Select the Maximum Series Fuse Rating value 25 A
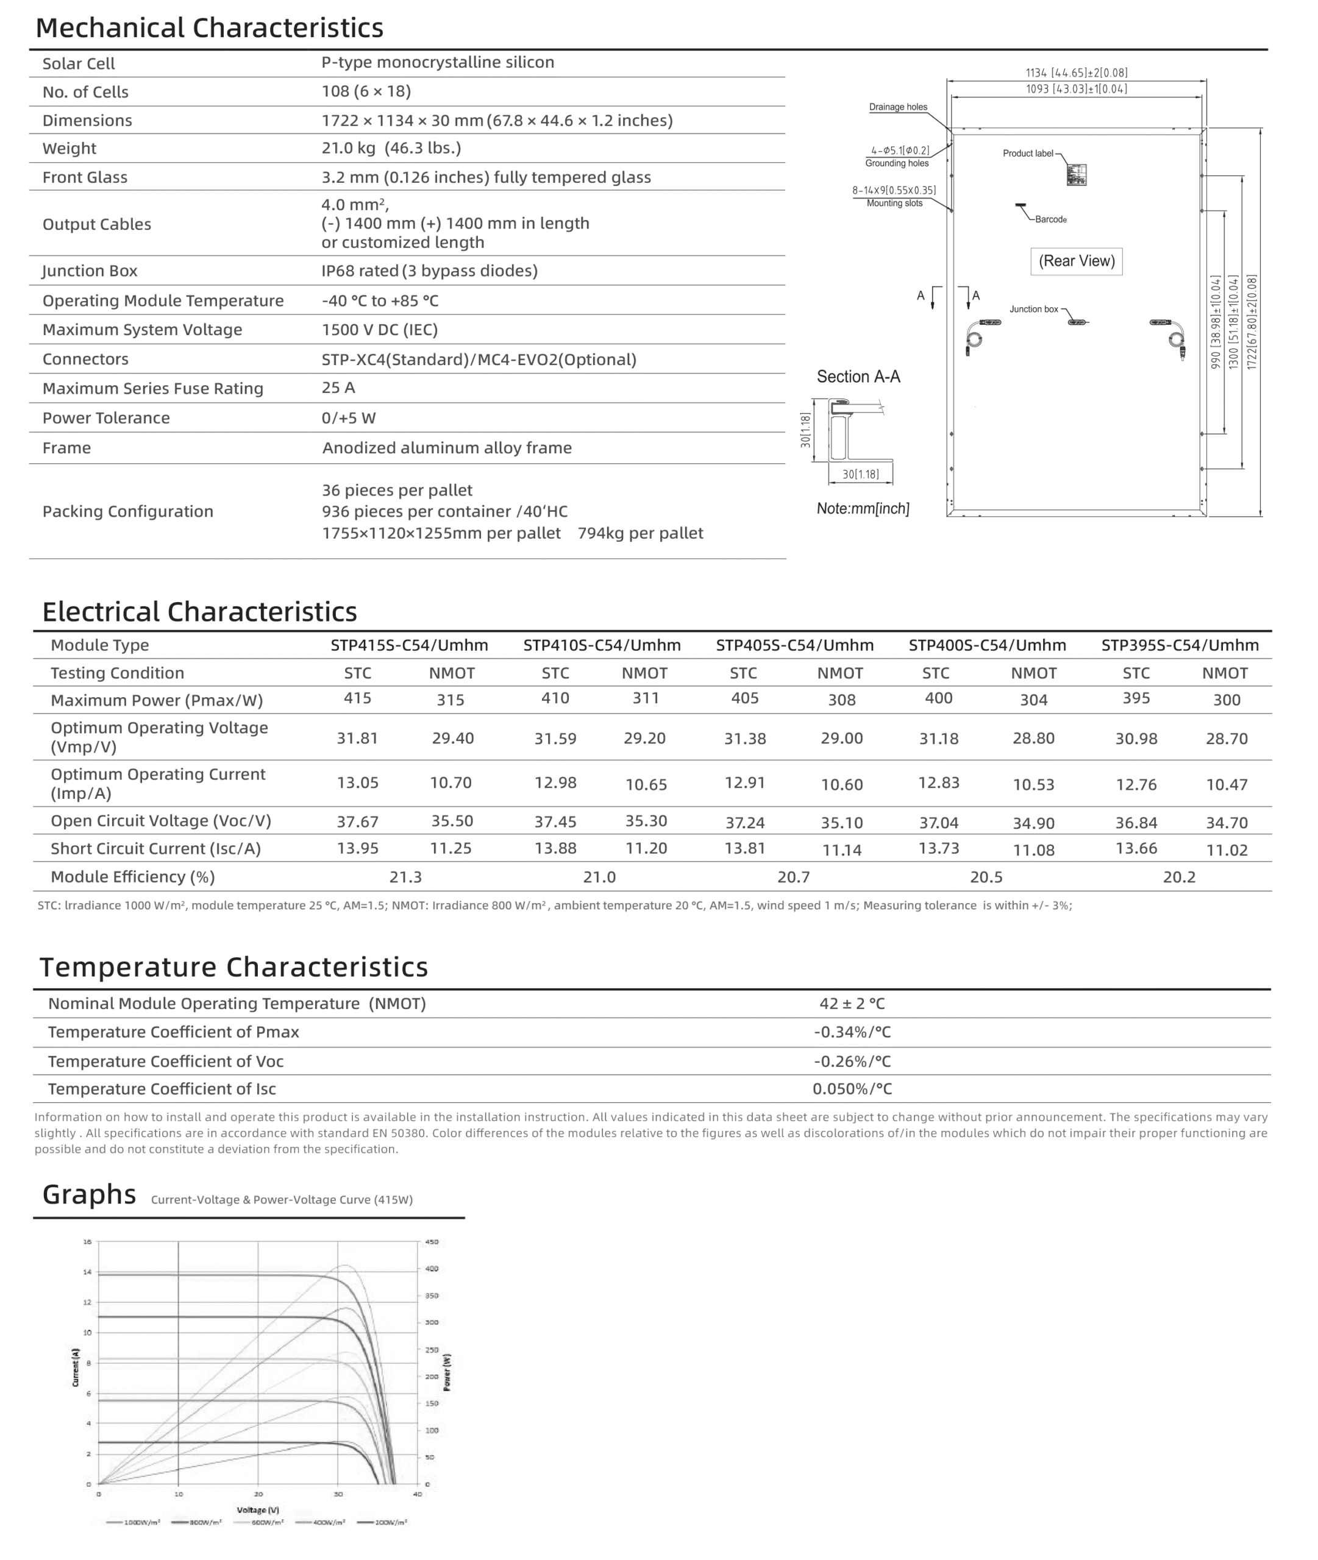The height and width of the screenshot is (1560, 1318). pyautogui.click(x=338, y=388)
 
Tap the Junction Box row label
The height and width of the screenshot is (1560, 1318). pyautogui.click(x=90, y=271)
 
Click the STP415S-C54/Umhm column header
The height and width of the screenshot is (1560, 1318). pyautogui.click(x=410, y=645)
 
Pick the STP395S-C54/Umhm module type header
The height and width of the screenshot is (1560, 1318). pyautogui.click(x=1180, y=645)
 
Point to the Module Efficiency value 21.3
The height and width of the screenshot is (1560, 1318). pyautogui.click(x=406, y=877)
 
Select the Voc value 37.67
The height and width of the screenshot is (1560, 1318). pyautogui.click(x=357, y=821)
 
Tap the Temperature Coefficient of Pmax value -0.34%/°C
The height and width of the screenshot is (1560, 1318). pyautogui.click(x=852, y=1032)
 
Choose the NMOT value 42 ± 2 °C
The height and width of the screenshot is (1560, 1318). pyautogui.click(x=852, y=1004)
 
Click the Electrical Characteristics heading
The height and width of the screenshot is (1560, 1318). pyautogui.click(x=199, y=612)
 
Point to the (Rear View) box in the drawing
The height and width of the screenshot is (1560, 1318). pyautogui.click(x=1077, y=261)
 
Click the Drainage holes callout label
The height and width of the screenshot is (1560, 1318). pyautogui.click(x=898, y=107)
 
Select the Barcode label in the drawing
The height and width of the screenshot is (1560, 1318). pyautogui.click(x=1050, y=219)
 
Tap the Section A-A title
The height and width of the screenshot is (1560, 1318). pyautogui.click(x=858, y=377)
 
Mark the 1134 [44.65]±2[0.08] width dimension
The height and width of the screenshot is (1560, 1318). pyautogui.click(x=1077, y=73)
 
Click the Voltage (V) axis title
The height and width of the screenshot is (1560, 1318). pyautogui.click(x=258, y=1510)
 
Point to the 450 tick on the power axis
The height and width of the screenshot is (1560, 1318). pyautogui.click(x=432, y=1242)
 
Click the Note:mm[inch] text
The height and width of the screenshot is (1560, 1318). pyautogui.click(x=863, y=509)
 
